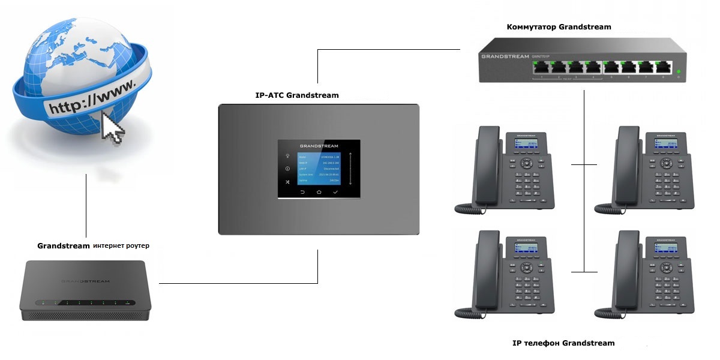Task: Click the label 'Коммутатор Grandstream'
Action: click(x=559, y=27)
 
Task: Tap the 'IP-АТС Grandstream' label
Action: click(x=296, y=95)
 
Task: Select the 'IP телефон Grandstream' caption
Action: click(x=563, y=343)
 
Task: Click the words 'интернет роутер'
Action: click(x=121, y=246)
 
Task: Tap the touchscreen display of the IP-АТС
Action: click(x=319, y=169)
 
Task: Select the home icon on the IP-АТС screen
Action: click(x=319, y=192)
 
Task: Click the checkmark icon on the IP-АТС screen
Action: click(x=336, y=192)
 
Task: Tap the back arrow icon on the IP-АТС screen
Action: click(x=302, y=192)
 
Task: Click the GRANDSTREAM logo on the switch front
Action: click(x=505, y=56)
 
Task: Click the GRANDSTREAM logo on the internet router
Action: click(x=85, y=280)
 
